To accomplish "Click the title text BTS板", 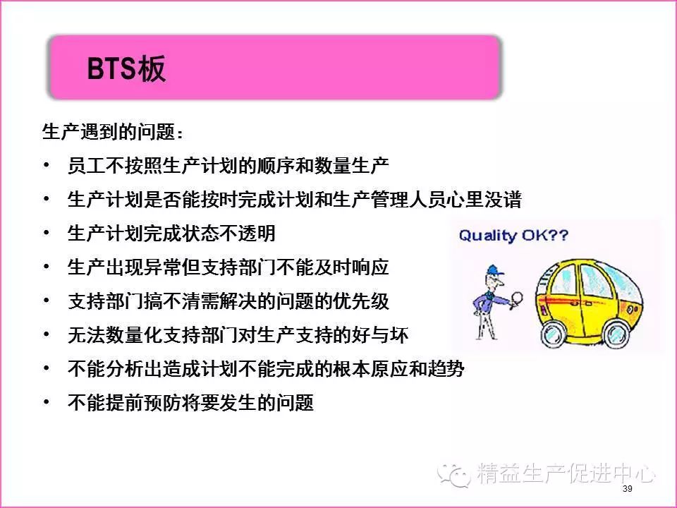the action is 126,68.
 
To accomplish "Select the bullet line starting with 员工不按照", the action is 228,165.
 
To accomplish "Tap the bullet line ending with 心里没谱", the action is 295,200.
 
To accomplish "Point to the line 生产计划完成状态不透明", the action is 171,234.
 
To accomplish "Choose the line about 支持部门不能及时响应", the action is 228,267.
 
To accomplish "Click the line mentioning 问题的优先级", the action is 228,301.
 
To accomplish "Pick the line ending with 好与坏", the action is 238,334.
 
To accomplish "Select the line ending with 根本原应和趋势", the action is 266,368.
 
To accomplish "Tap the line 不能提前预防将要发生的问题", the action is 190,402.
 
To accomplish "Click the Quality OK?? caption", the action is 513,236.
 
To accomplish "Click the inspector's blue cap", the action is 494,271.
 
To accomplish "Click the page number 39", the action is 628,488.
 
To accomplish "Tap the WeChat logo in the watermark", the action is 453,475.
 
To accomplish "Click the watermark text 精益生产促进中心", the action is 566,473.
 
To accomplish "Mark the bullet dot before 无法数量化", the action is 47,334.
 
